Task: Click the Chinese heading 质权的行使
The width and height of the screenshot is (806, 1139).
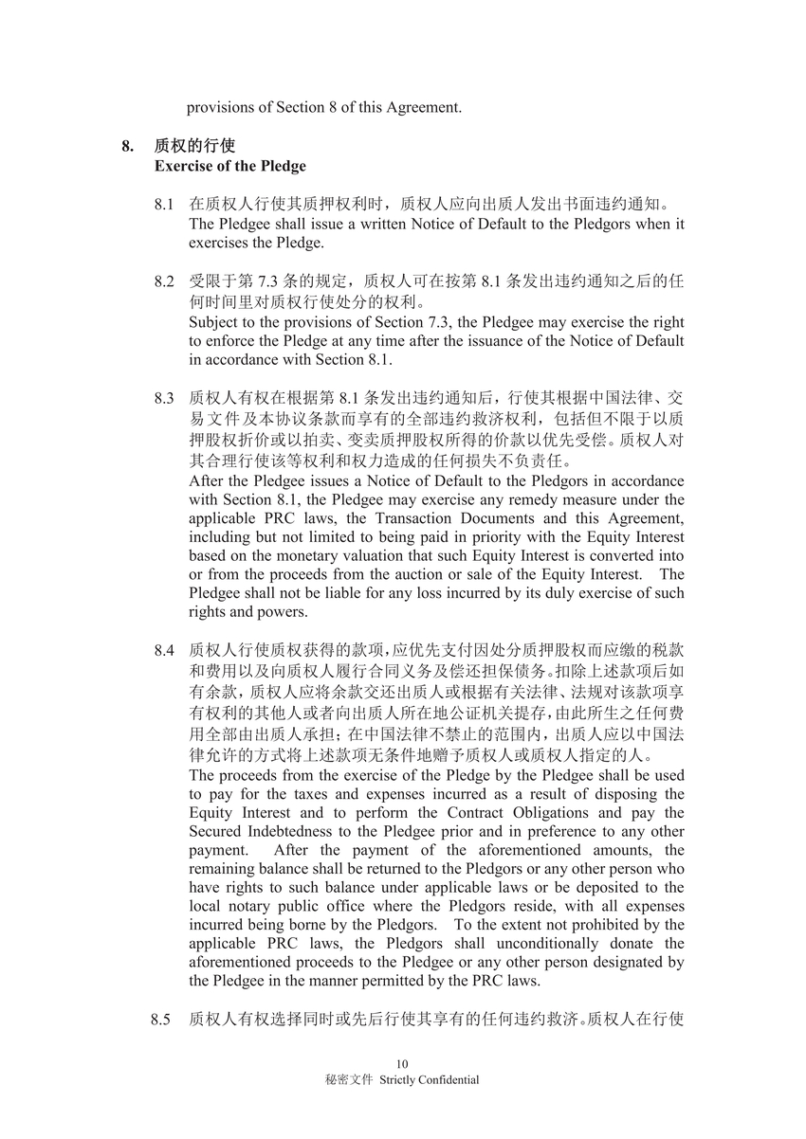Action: tap(194, 146)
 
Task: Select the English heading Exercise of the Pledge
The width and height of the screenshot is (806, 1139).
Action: tap(230, 166)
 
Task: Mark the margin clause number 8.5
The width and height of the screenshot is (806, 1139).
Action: tap(160, 1020)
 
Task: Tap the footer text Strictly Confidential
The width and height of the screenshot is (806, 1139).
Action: tap(430, 1079)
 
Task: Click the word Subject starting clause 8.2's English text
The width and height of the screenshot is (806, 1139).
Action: tap(212, 322)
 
